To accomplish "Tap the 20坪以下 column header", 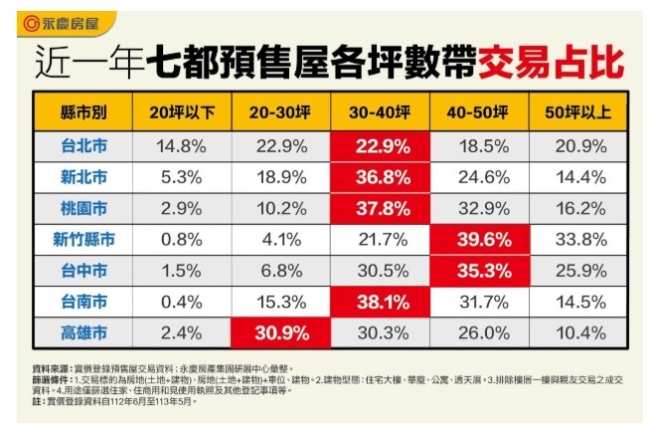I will (x=181, y=112).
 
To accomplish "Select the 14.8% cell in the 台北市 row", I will (x=181, y=146).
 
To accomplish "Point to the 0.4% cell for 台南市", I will (x=181, y=301).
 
